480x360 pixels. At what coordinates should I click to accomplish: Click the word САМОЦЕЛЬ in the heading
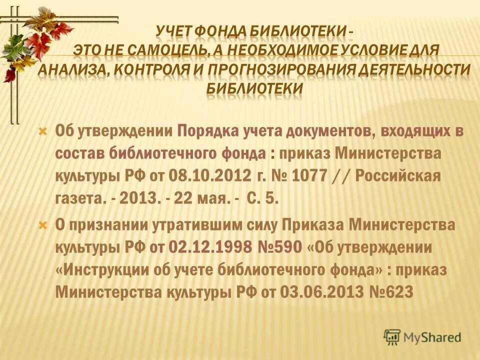point(164,50)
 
